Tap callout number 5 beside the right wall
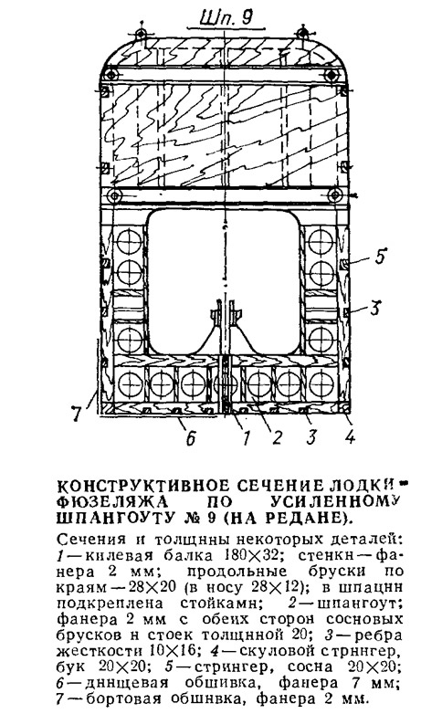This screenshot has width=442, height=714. (380, 256)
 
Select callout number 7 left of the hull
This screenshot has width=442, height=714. (76, 414)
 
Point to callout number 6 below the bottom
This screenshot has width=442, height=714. (191, 438)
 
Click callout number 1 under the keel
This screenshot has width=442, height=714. (246, 437)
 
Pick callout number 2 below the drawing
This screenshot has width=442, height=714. (277, 437)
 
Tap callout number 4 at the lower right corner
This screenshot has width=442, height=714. (350, 437)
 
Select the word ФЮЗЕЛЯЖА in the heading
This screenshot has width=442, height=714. (112, 502)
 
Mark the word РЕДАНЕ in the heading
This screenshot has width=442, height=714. (310, 518)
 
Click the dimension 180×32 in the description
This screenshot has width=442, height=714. (250, 555)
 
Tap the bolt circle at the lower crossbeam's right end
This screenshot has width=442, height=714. (335, 195)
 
